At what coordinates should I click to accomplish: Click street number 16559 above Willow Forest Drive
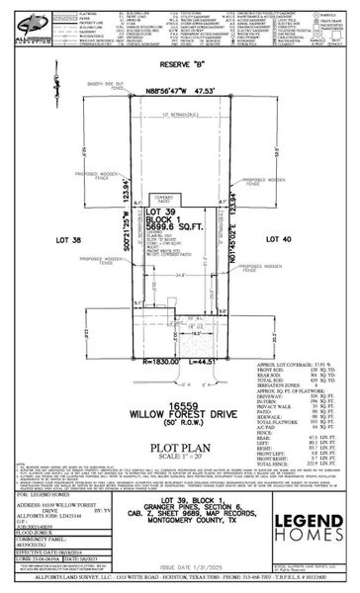pyautogui.click(x=179, y=378)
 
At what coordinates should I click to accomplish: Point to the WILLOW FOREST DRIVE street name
pyautogui.click(x=179, y=387)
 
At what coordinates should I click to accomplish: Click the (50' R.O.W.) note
pyautogui.click(x=179, y=396)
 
